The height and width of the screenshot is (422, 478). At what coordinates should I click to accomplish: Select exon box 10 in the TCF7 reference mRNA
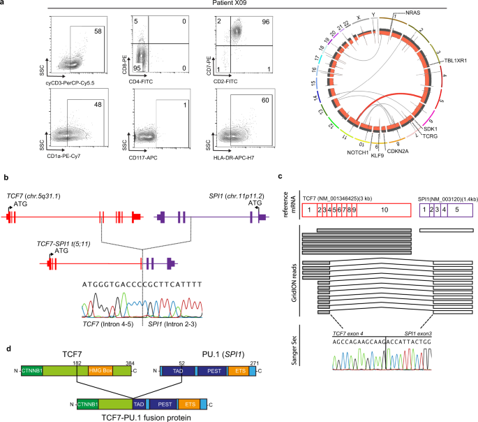386,208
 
